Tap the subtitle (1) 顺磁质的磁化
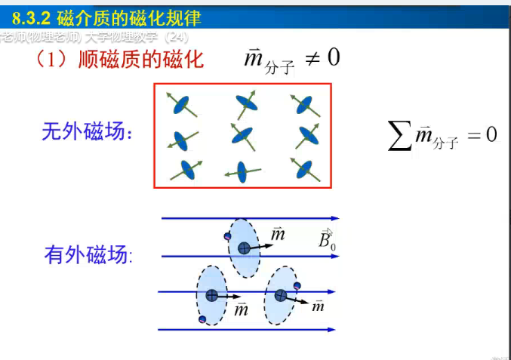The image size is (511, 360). click(120, 59)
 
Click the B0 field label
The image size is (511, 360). click(326, 241)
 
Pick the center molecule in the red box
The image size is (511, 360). click(243, 136)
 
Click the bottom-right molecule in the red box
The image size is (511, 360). click(305, 170)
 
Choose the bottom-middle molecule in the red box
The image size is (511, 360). click(242, 172)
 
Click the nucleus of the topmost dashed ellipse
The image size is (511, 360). click(244, 248)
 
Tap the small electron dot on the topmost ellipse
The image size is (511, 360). click(227, 237)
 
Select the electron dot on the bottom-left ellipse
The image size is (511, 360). click(202, 320)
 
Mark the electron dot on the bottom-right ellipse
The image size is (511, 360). click(297, 285)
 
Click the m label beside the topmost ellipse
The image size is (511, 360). click(278, 235)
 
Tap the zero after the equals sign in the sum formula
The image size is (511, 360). click(491, 134)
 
